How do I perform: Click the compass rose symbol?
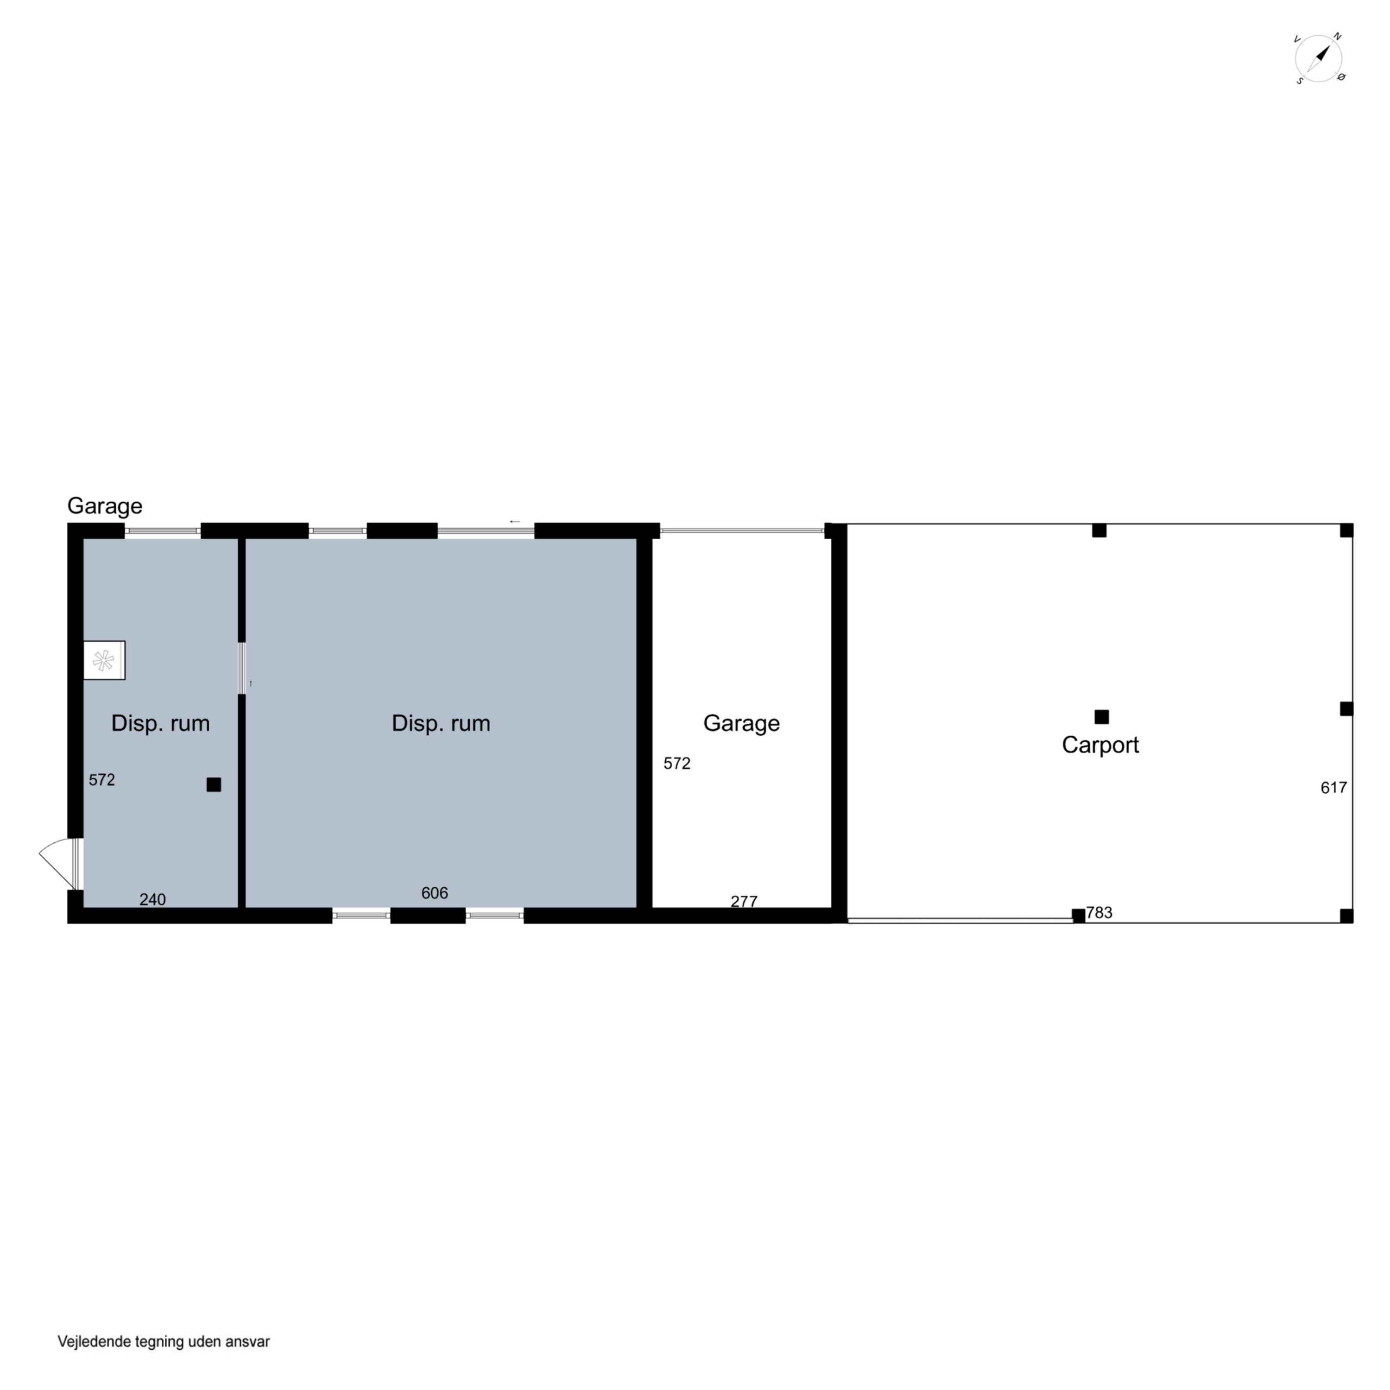(x=1319, y=58)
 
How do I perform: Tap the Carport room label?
(x=1100, y=745)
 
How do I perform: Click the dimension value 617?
(x=1333, y=788)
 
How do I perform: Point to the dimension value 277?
(x=744, y=902)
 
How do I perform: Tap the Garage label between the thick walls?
(x=741, y=723)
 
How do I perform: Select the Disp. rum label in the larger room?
(x=441, y=723)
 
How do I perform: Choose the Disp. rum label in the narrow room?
(x=160, y=723)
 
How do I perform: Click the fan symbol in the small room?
(x=104, y=660)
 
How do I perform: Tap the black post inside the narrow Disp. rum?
(x=214, y=785)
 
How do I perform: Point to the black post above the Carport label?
(x=1101, y=717)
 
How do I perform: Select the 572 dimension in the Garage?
(x=677, y=764)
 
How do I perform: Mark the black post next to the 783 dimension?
(x=1079, y=916)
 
